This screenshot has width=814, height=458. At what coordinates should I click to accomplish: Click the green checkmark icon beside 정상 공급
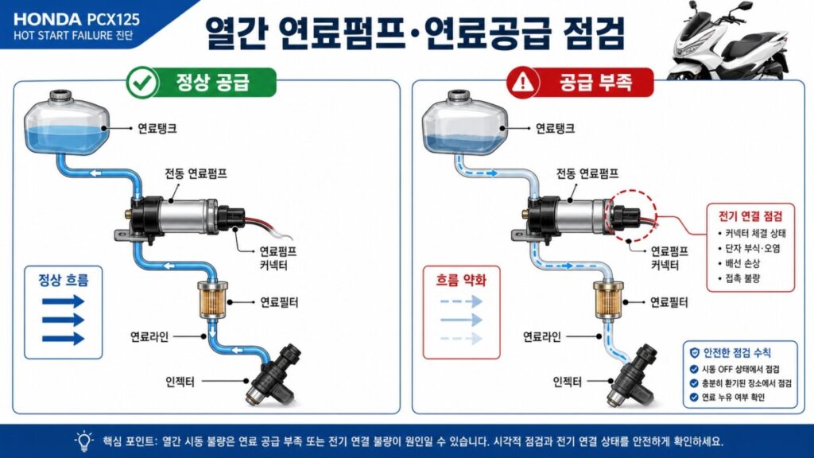click(142, 83)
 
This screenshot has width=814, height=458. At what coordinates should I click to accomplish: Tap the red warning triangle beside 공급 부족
click(523, 82)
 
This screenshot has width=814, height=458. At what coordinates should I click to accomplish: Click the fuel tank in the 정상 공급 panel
click(67, 122)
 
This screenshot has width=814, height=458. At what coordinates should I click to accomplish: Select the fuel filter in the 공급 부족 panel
click(608, 299)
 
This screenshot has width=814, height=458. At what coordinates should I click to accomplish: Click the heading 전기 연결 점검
click(750, 216)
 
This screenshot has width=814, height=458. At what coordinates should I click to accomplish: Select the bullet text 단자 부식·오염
click(752, 248)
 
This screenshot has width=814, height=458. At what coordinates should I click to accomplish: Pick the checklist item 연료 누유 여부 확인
click(733, 398)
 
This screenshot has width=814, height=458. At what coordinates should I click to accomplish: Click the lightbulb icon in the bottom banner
click(83, 441)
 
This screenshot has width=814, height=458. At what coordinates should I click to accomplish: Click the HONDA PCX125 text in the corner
click(76, 19)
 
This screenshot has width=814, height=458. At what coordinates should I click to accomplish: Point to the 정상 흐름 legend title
click(64, 280)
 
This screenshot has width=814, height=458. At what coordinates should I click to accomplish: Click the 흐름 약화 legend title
click(461, 281)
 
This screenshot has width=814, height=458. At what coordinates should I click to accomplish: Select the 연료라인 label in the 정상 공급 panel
click(149, 336)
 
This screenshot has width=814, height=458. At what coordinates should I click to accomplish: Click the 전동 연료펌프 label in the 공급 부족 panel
click(587, 173)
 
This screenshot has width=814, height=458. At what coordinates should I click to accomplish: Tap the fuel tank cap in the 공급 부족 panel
click(459, 95)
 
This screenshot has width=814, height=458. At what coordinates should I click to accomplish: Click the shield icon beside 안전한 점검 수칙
click(694, 352)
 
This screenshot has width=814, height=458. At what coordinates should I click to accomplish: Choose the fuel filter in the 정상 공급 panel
click(213, 299)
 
